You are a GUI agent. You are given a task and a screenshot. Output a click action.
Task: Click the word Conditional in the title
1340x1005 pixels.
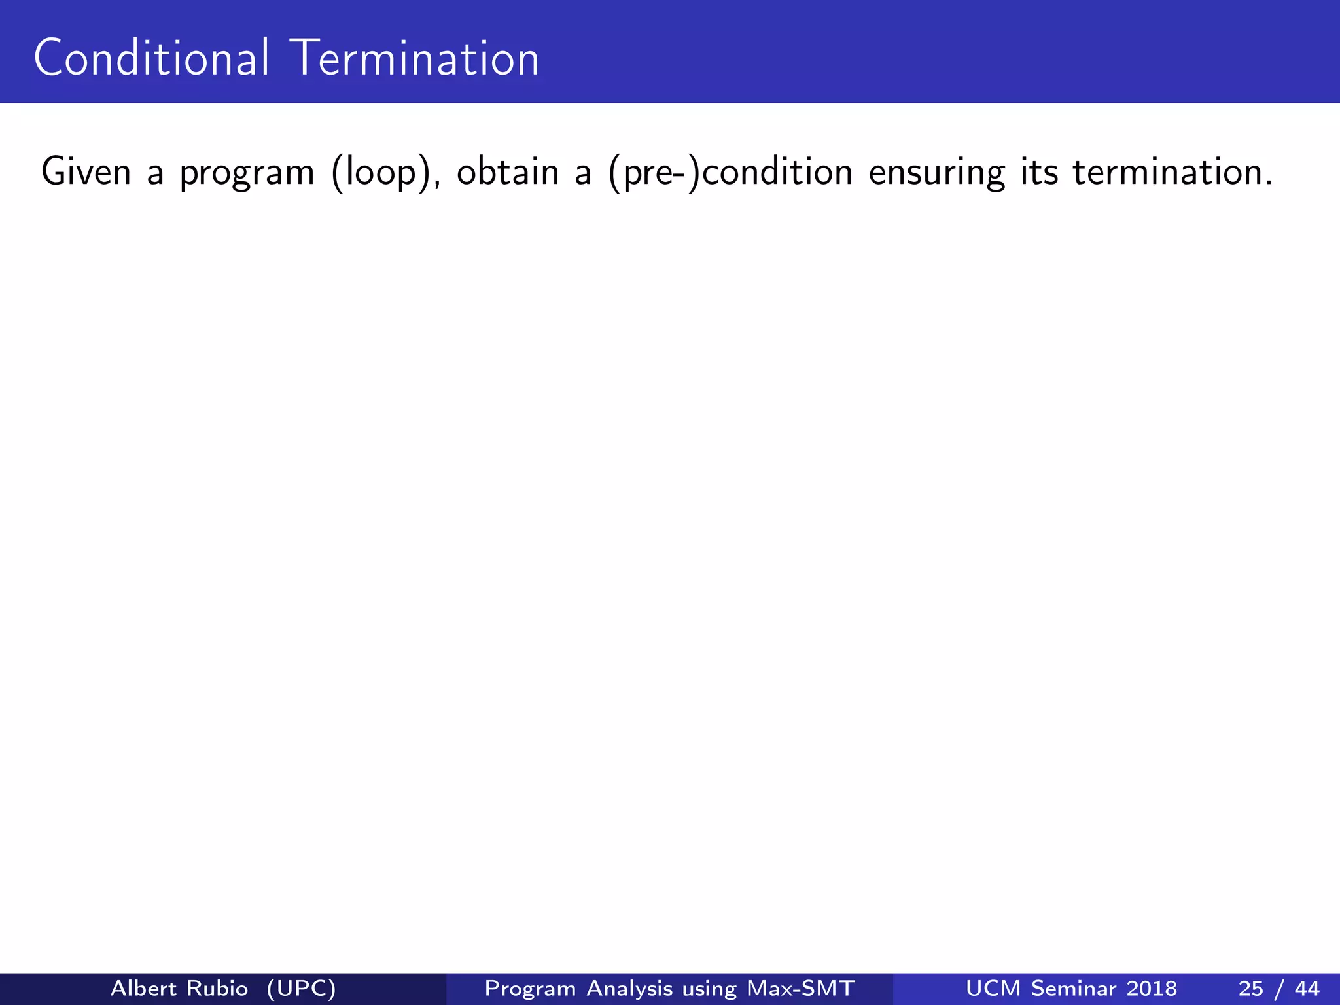pos(151,58)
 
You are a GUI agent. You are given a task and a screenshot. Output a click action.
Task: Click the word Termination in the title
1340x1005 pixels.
pos(417,58)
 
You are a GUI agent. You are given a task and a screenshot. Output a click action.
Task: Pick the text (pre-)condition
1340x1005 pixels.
pos(730,173)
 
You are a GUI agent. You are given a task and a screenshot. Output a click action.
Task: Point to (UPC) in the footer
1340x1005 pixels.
pos(301,988)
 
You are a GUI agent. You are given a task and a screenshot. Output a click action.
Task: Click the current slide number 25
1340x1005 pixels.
pos(1250,988)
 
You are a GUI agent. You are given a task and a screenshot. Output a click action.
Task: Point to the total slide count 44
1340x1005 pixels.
pos(1307,988)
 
